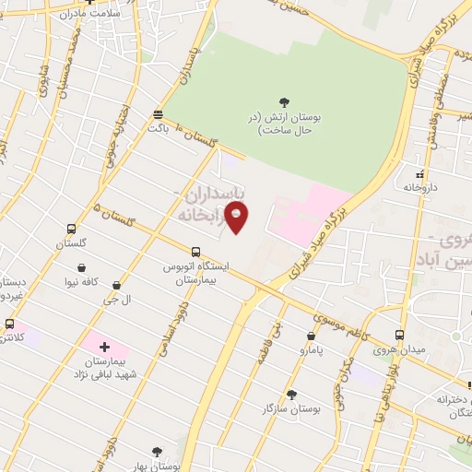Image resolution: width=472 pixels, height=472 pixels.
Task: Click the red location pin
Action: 237,216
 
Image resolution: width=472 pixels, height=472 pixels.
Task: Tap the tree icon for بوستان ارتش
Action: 283,102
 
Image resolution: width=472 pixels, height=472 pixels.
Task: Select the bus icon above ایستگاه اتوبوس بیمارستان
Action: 195,251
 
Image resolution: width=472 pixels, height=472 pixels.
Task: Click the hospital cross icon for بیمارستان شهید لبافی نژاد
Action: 104,348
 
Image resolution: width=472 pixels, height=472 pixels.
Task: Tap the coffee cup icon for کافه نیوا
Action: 83,268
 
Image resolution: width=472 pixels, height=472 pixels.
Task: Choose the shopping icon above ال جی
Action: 116,286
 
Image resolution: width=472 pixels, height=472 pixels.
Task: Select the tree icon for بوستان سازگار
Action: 292,394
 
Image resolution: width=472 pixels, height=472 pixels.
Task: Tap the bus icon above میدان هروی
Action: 399,335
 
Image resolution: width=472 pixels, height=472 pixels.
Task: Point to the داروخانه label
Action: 420,187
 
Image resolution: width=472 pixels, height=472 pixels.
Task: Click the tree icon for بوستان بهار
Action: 157,452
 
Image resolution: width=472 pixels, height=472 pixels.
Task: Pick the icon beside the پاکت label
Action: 159,114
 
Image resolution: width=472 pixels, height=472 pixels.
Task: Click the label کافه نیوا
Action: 83,283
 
